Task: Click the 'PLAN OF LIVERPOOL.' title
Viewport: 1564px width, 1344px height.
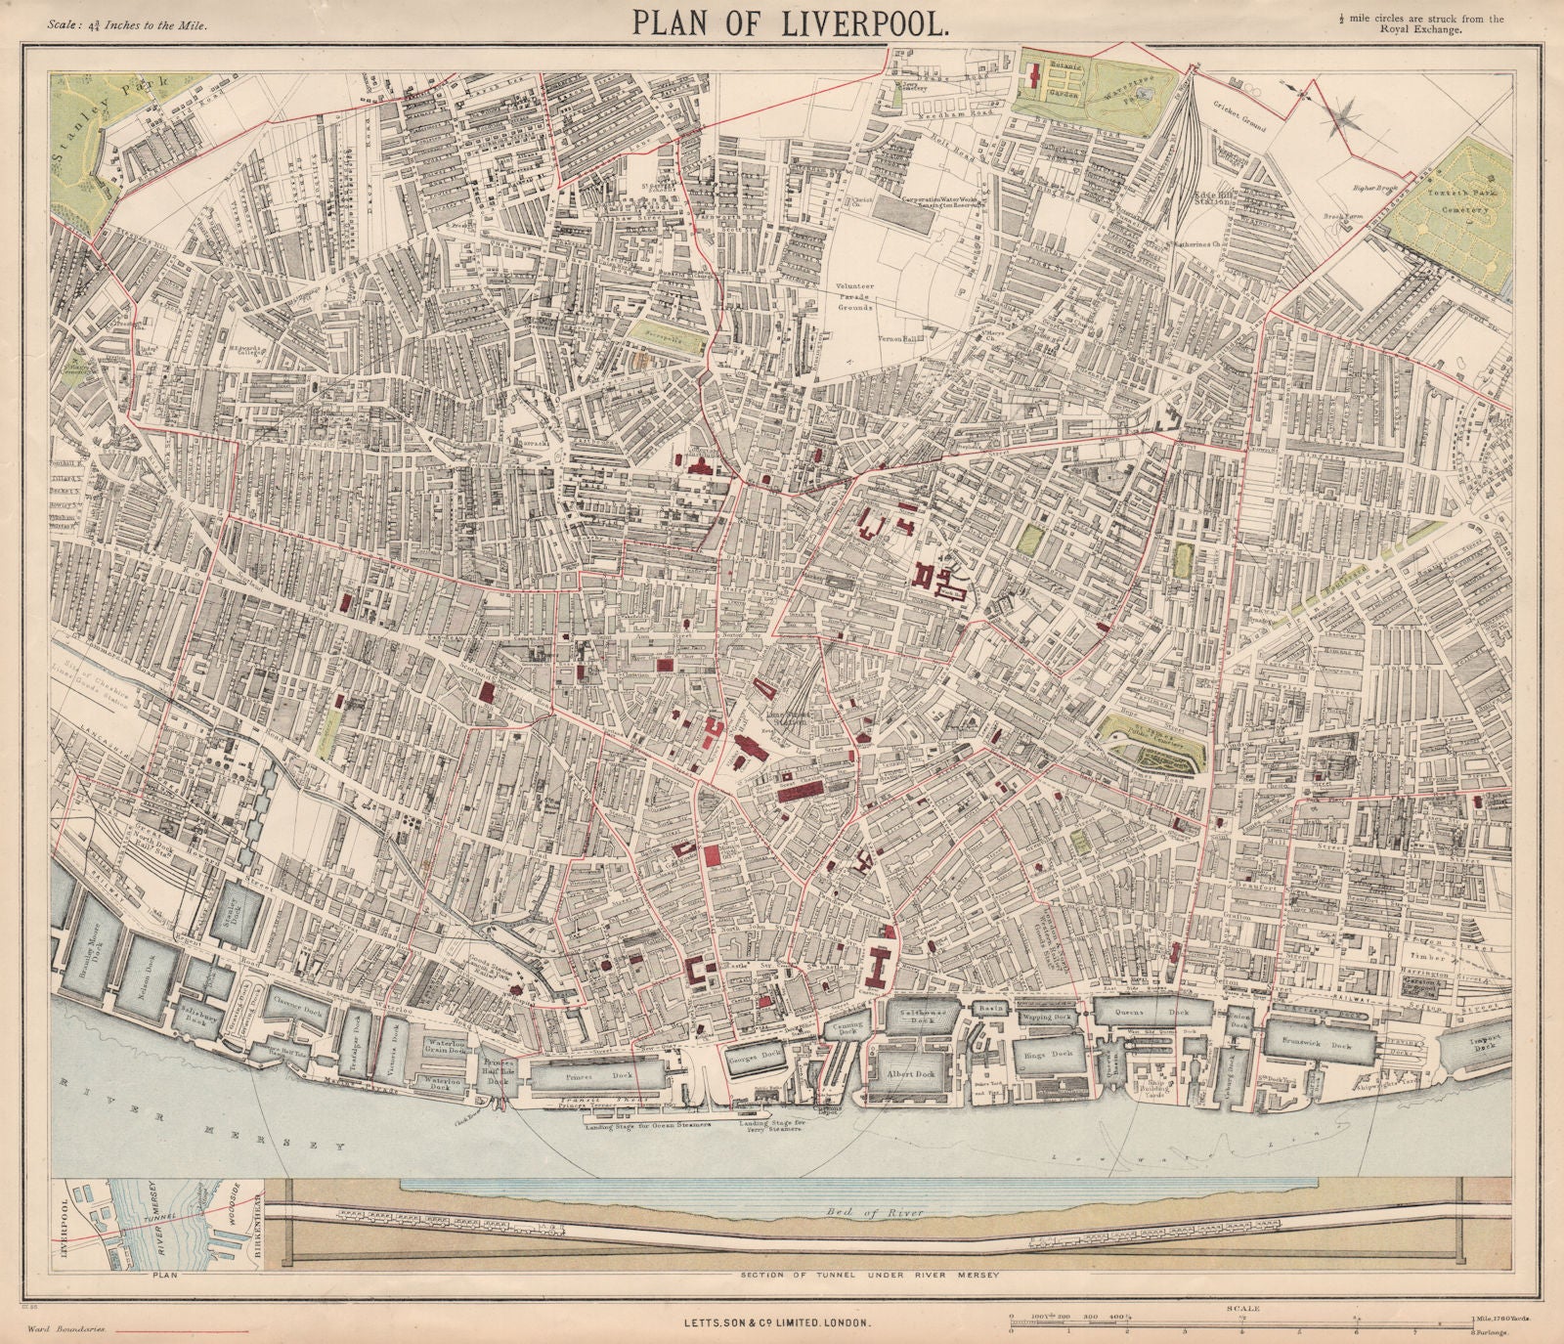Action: pos(790,23)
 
